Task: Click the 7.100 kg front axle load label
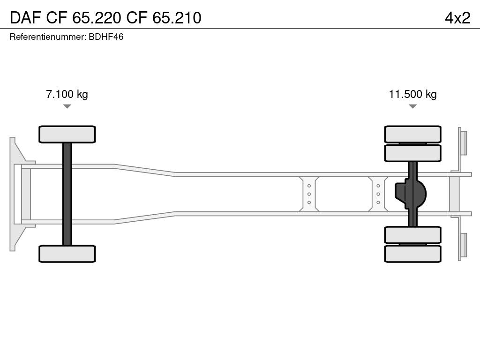(x=67, y=94)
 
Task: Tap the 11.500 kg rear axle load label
(x=412, y=94)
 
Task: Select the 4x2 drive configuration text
(x=457, y=17)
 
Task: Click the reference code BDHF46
(x=106, y=37)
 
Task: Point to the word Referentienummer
(x=47, y=37)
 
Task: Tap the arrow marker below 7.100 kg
(x=67, y=106)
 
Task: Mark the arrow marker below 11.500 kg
(x=412, y=106)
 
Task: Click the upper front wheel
(x=67, y=135)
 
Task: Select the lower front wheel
(x=67, y=254)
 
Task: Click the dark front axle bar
(x=67, y=194)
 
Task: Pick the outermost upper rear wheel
(x=412, y=134)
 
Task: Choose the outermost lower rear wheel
(x=412, y=254)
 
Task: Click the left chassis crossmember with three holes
(x=309, y=194)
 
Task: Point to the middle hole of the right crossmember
(x=378, y=194)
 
